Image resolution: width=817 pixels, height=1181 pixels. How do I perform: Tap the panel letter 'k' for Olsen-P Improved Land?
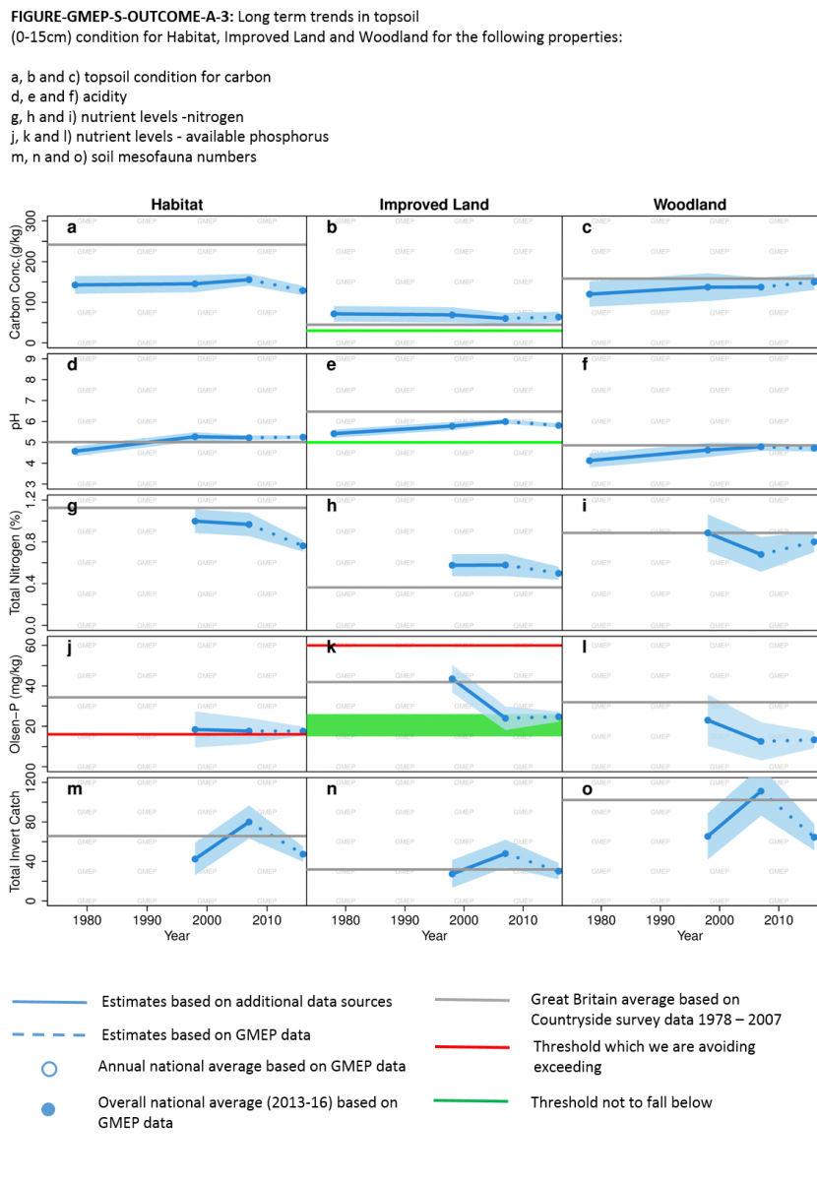click(332, 648)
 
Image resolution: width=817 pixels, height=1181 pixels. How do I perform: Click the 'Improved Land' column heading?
click(434, 205)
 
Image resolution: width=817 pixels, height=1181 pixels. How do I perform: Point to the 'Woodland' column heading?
click(689, 205)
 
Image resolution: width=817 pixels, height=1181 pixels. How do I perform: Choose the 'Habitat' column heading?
click(177, 205)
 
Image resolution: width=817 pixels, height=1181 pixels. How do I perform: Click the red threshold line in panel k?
click(434, 646)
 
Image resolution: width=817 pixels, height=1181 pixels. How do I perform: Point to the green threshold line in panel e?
click(434, 443)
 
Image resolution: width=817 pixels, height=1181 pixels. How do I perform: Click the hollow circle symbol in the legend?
click(49, 1068)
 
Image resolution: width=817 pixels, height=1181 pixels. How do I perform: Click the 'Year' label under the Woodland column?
click(689, 936)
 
